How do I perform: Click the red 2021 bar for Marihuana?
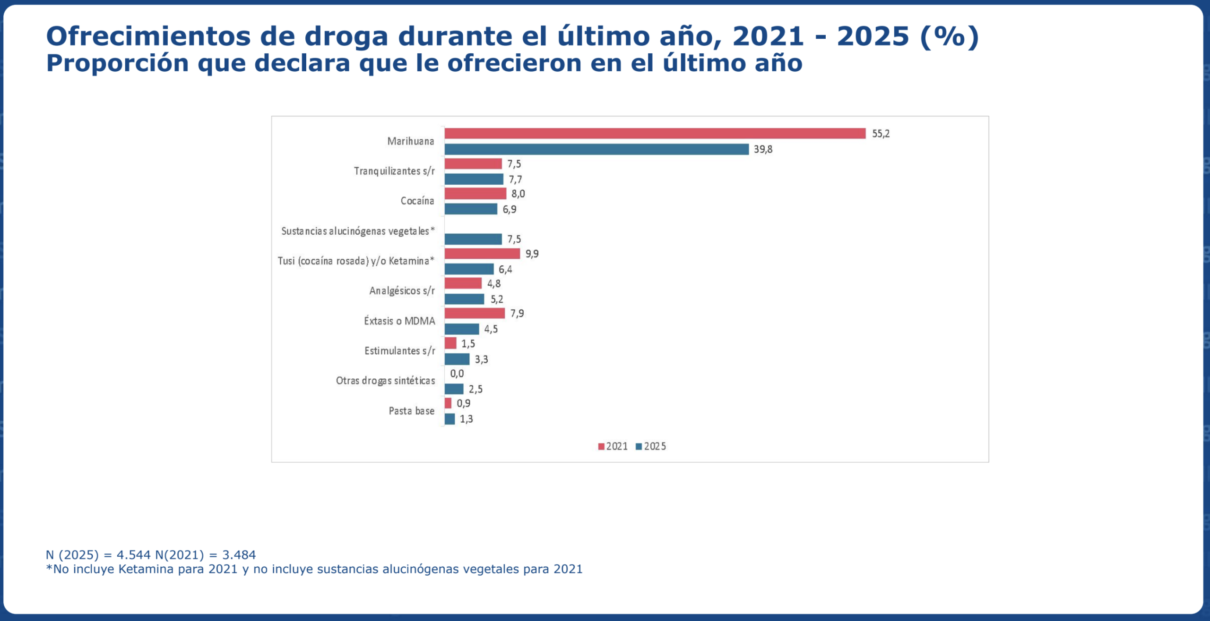(655, 134)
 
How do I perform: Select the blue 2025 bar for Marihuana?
(596, 149)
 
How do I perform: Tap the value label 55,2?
(881, 134)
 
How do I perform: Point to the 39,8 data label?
(763, 149)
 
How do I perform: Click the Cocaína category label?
(417, 201)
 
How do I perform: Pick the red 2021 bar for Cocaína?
(475, 194)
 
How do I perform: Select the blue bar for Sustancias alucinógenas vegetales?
(473, 239)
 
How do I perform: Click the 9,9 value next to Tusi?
(532, 254)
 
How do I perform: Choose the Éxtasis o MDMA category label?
(399, 321)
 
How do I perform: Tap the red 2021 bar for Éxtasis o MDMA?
(475, 313)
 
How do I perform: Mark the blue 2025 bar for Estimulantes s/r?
(457, 359)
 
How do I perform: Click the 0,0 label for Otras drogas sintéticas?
(457, 374)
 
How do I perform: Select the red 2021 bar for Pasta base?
(448, 403)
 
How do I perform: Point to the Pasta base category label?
(411, 411)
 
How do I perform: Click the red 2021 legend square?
(601, 447)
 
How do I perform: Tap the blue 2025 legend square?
(639, 447)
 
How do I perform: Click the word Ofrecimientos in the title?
(148, 36)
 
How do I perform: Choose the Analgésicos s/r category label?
(402, 291)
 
